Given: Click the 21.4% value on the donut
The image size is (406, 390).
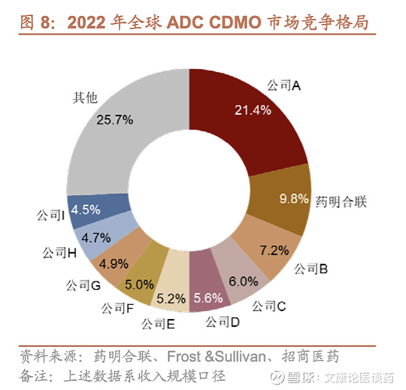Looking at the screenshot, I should click(x=252, y=110).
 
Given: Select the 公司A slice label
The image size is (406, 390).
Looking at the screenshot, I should click(x=283, y=86).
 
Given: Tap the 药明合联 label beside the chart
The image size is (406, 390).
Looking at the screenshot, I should click(x=341, y=202).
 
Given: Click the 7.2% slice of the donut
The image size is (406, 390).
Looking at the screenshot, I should click(x=275, y=250).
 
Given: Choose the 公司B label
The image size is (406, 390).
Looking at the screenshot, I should click(x=310, y=268).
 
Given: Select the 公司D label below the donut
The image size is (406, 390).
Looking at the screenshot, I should click(x=222, y=322).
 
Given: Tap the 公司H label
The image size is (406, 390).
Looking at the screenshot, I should click(x=60, y=252).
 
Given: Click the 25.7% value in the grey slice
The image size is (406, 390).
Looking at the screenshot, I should click(x=115, y=120).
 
